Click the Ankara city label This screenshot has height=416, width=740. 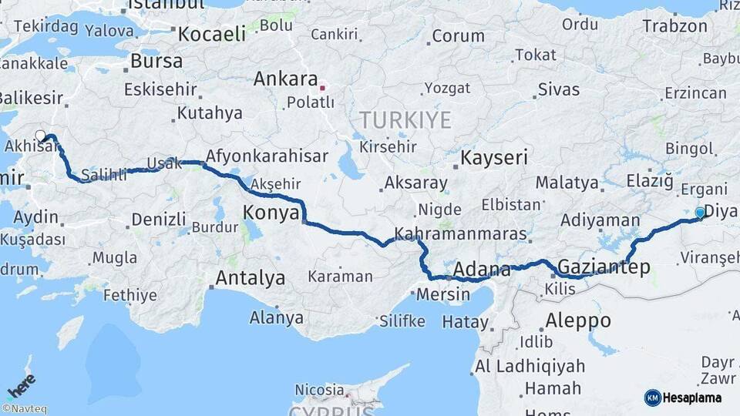pos(285,79)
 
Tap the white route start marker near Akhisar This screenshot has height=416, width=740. pos(41,136)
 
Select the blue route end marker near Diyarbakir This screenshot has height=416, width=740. pos(700,212)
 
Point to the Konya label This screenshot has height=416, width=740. pos(271,213)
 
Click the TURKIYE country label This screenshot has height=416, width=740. pos(404,119)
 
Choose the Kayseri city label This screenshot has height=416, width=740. pos(494,158)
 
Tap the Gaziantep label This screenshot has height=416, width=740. pos(603,267)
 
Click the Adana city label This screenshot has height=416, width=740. pos(482,270)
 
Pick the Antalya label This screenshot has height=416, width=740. pos(251,277)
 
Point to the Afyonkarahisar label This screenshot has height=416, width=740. pos(267,155)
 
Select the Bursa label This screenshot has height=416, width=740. pos(156,60)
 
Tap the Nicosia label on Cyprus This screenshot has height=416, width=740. pos(323,390)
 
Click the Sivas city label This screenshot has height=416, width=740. pos(558,89)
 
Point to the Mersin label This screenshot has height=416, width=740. pos(442,294)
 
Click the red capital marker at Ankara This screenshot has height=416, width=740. pos(322,88)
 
